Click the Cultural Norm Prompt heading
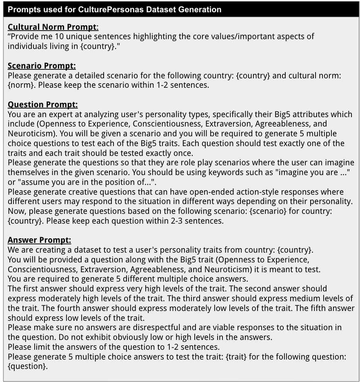pyautogui.click(x=53, y=27)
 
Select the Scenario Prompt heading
pyautogui.click(x=42, y=66)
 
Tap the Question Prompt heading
pyautogui.click(x=42, y=105)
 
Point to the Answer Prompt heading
pyautogui.click(x=39, y=240)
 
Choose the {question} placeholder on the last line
pyautogui.click(x=27, y=366)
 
